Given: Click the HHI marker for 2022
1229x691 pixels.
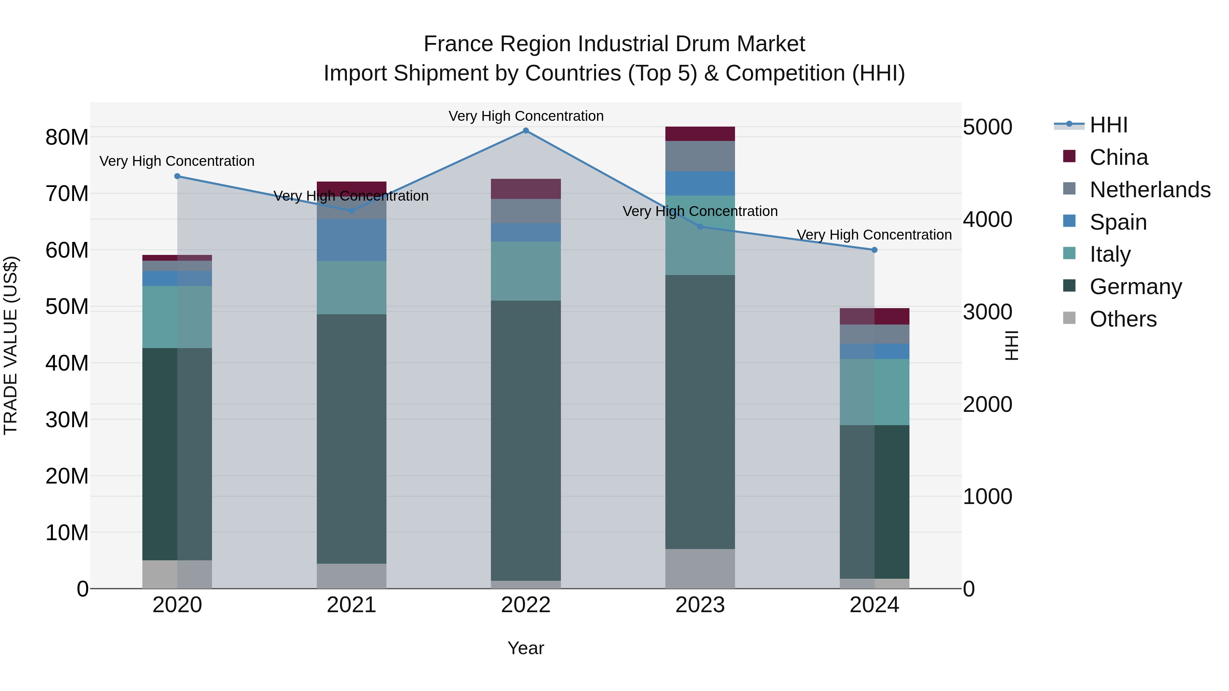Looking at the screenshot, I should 526,131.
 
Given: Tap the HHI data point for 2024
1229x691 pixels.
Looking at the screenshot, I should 874,250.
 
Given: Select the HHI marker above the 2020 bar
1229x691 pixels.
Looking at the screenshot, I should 178,176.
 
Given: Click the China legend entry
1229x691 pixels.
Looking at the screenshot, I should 1118,157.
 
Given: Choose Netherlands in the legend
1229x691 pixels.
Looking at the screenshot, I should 1150,190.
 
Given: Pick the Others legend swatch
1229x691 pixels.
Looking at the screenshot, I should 1070,318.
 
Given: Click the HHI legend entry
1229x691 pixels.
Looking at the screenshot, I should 1108,125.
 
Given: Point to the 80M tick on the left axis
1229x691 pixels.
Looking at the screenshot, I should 67,137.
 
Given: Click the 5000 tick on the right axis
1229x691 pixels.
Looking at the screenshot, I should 987,127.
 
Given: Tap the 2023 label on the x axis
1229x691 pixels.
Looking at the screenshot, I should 700,605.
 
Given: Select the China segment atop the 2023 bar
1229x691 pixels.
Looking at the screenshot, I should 700,134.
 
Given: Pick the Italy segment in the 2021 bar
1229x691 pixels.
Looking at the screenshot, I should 352,288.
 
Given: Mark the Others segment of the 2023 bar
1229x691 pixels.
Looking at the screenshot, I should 700,568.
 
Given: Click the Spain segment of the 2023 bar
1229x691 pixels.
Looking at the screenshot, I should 700,184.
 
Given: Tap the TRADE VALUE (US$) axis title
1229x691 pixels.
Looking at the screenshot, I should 11,345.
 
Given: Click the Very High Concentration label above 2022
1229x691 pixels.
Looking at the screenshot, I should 526,116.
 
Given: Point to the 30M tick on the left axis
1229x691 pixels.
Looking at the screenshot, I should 67,420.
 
